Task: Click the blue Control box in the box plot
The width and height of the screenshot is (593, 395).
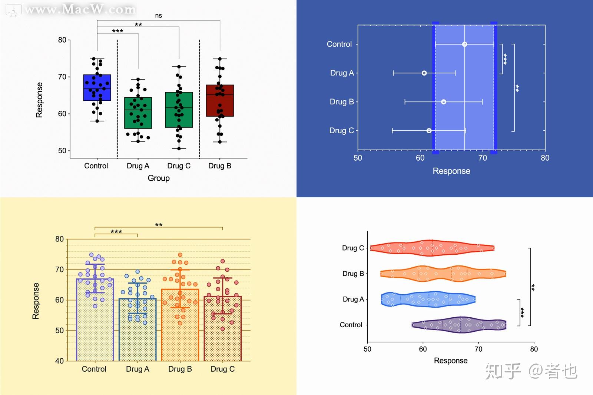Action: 97,88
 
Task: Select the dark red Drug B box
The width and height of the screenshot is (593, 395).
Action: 220,101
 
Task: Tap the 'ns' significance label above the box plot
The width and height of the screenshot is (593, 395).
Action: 159,16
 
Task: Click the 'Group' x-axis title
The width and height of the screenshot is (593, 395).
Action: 159,178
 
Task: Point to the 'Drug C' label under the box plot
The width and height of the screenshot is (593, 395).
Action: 179,166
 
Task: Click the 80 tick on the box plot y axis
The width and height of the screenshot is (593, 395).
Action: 62,40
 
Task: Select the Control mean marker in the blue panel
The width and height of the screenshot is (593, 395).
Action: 464,44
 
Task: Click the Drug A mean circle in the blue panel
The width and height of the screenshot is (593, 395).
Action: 424,73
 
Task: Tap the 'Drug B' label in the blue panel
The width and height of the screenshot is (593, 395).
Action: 342,102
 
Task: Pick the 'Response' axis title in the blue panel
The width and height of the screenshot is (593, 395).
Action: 451,171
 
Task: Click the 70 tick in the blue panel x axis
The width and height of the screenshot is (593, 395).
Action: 483,158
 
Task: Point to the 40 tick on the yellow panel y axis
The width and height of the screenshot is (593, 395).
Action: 59,361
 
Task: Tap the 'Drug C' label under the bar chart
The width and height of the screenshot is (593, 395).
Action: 222,369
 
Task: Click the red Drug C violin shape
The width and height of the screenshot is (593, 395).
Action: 432,248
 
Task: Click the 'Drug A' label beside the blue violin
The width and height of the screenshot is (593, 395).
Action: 353,299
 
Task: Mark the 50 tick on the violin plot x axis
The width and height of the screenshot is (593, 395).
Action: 367,349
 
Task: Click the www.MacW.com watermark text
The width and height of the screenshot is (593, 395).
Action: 80,10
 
